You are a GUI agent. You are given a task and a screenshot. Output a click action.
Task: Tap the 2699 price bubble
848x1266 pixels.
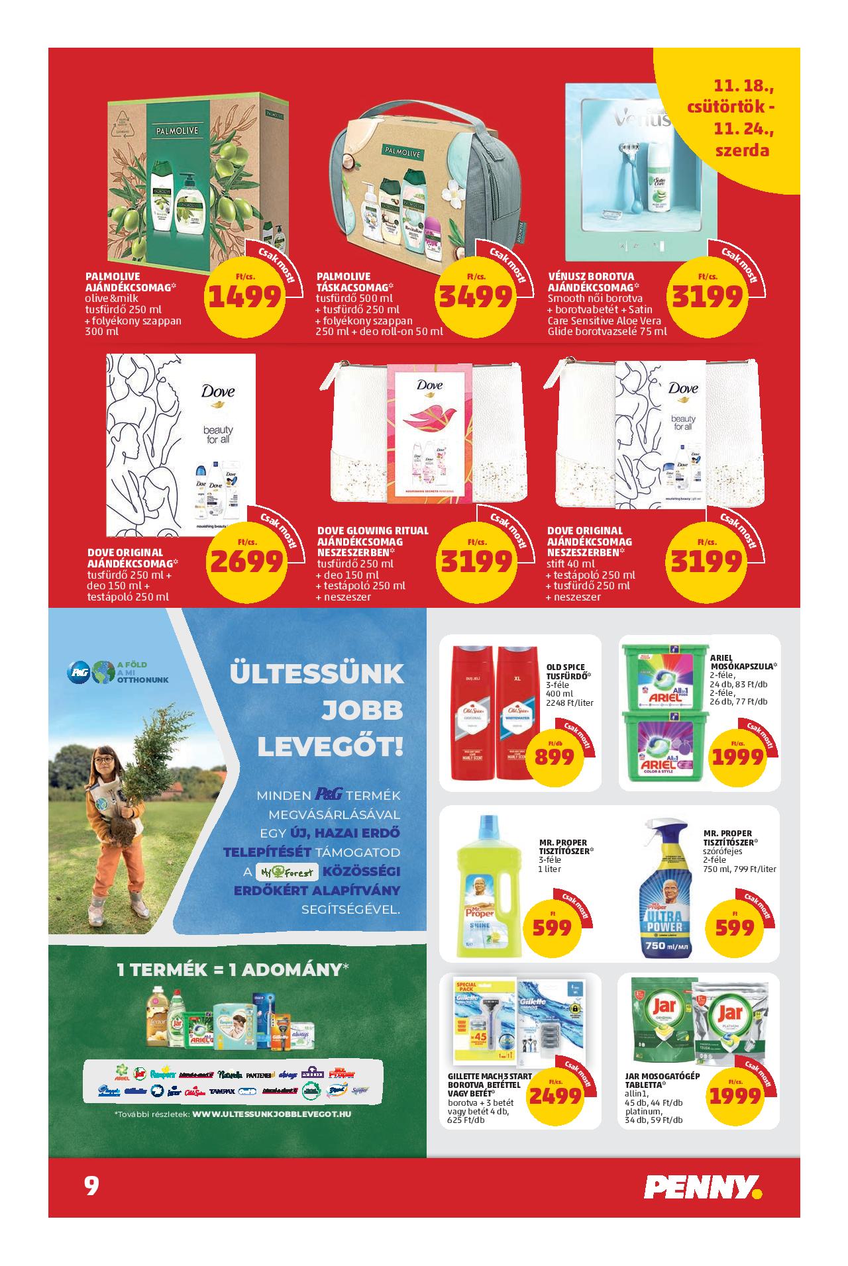(x=246, y=562)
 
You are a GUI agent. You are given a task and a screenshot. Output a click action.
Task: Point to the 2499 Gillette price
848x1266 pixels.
(x=555, y=1096)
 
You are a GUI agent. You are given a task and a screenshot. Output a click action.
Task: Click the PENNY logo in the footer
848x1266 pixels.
(x=704, y=1186)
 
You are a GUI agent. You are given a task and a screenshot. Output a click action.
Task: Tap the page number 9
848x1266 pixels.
(x=91, y=1185)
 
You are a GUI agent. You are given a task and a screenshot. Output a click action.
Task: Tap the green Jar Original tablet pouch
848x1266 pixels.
(x=660, y=1019)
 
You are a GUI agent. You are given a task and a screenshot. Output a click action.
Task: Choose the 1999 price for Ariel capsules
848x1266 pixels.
(x=737, y=757)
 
